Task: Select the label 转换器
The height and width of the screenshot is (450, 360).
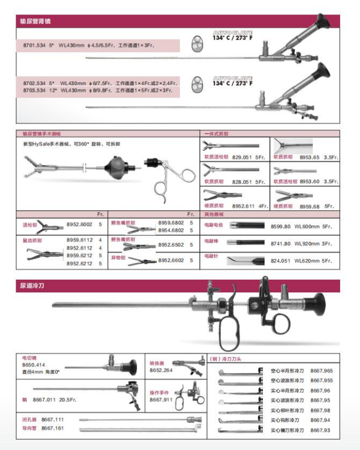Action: click(x=158, y=363)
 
